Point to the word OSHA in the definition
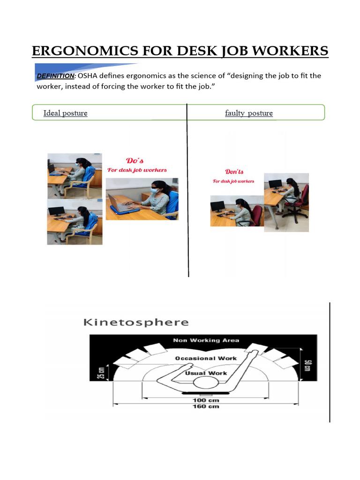(x=89, y=76)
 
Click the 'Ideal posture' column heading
(x=65, y=113)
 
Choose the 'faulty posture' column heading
(x=248, y=113)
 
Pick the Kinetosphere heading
(x=136, y=322)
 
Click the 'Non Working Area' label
(x=206, y=340)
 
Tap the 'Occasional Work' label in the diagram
(x=206, y=358)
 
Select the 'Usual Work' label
(x=206, y=373)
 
